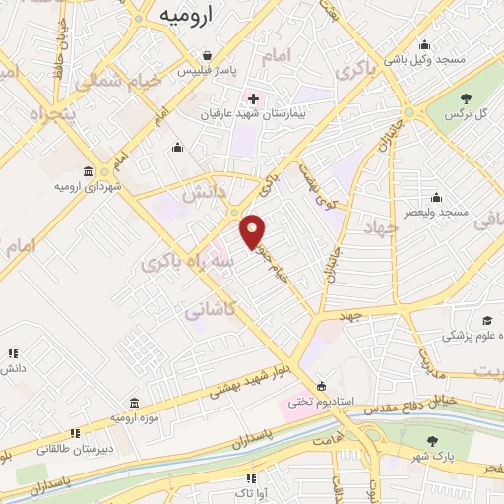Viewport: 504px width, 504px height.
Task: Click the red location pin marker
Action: (x=253, y=230)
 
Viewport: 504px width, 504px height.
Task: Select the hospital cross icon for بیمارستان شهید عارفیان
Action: (x=253, y=98)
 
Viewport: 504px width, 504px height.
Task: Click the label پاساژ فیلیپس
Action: (x=206, y=71)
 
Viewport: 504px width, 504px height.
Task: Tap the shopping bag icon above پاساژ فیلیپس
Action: (x=206, y=55)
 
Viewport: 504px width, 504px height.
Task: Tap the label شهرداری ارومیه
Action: (x=89, y=185)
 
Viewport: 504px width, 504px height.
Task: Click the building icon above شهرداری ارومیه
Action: (x=89, y=170)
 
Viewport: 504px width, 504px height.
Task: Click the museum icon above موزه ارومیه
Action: (x=135, y=403)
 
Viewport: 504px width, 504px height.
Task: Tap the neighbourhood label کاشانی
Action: (x=209, y=309)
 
